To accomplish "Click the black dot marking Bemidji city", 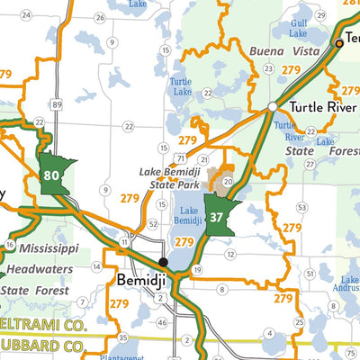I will click(163, 261).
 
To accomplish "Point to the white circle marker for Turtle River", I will click(273, 107).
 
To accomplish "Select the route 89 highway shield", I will click(57, 105).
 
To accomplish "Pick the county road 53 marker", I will click(302, 207).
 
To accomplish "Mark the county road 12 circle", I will click(230, 255).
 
